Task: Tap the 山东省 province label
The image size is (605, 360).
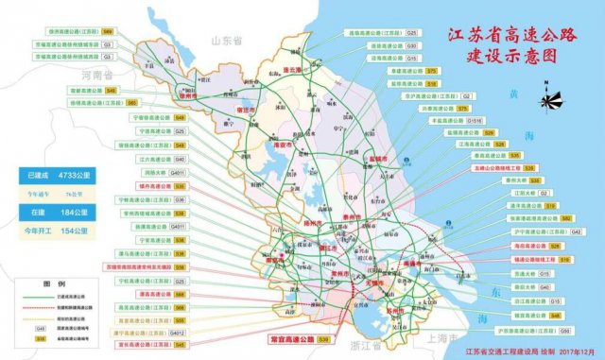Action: point(227,42)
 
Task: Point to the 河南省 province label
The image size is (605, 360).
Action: point(97,73)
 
